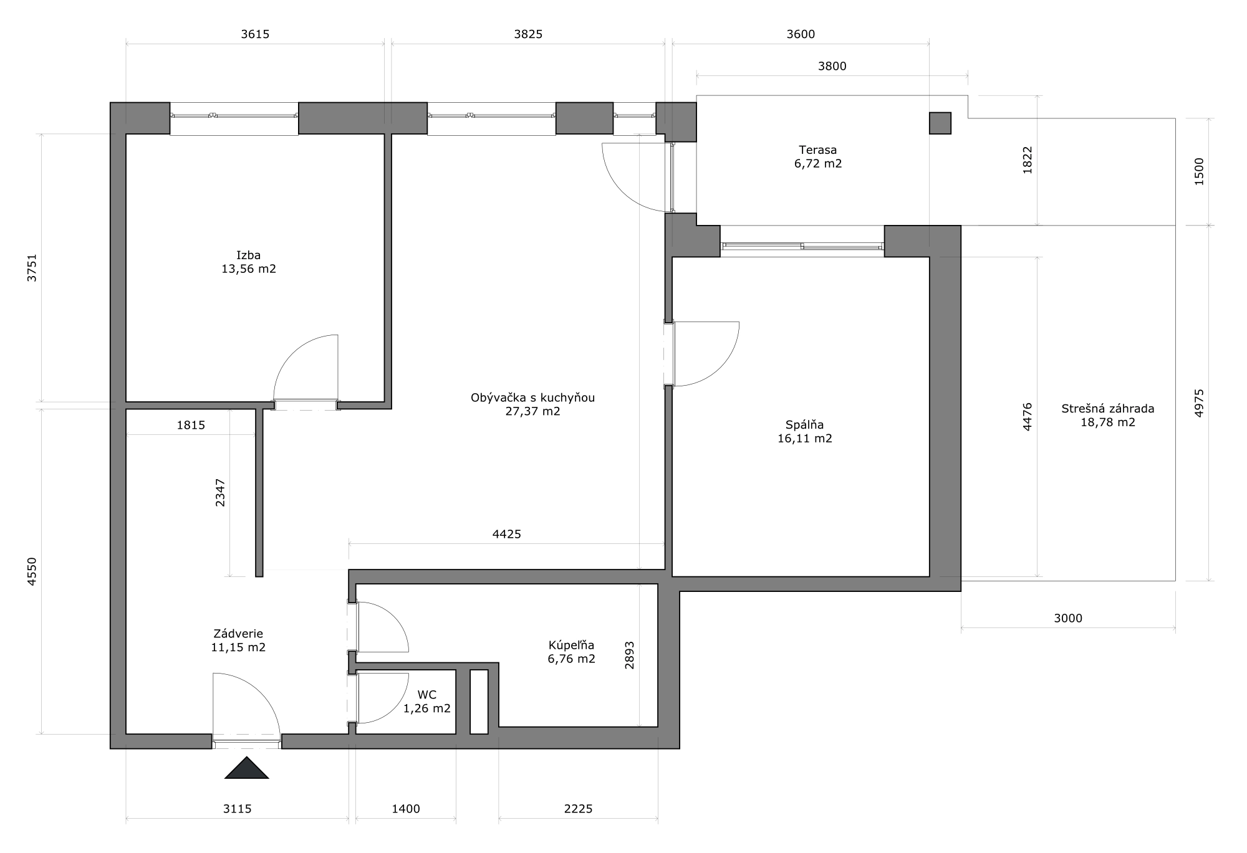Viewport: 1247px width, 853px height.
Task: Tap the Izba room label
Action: tap(248, 255)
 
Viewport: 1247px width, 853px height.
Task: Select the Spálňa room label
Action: tap(804, 425)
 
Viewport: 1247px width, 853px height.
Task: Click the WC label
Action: tap(427, 695)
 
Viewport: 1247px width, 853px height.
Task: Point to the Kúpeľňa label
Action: tap(571, 645)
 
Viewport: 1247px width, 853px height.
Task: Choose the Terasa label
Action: tap(817, 150)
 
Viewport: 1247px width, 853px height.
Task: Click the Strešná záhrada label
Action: tap(1107, 409)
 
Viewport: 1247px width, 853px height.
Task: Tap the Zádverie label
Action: tap(238, 634)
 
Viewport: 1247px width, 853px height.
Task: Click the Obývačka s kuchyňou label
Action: tap(532, 398)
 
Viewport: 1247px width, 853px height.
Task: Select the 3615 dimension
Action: tap(255, 34)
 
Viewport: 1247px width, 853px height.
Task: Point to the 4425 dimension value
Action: tap(506, 534)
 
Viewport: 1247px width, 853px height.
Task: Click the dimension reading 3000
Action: tap(1067, 618)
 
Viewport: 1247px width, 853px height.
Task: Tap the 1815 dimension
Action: tap(191, 426)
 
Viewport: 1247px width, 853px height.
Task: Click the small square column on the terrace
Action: tap(940, 123)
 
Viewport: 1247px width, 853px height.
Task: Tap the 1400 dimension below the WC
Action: tap(405, 809)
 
